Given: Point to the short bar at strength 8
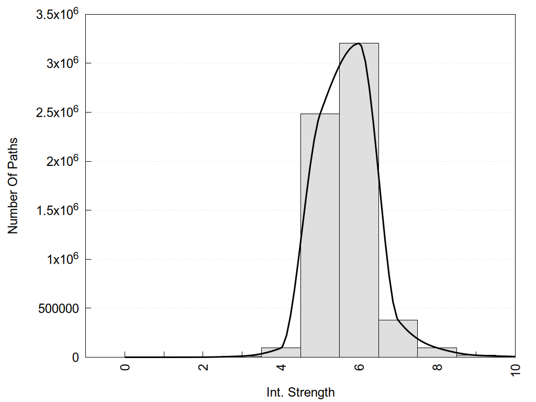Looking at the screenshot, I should (x=437, y=352).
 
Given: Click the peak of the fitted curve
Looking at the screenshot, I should (x=358, y=43).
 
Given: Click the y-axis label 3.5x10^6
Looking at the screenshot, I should (x=57, y=14).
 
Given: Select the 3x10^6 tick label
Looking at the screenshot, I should (x=61, y=63).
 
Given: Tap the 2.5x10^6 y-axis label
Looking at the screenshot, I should (x=57, y=112).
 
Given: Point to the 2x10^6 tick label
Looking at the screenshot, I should (x=61, y=161).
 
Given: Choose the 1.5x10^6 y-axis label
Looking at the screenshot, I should (x=57, y=210).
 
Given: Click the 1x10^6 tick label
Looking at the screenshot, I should (x=61, y=259).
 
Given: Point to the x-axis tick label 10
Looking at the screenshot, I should (x=515, y=368).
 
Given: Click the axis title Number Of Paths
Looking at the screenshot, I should (x=13, y=186).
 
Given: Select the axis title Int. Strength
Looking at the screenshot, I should (x=300, y=392).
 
